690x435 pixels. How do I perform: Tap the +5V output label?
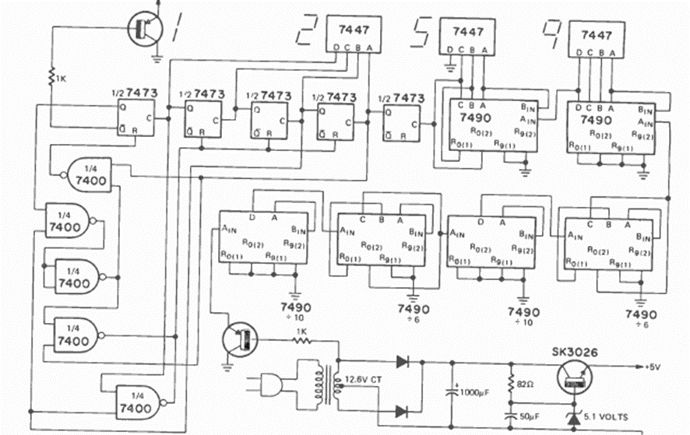(x=651, y=366)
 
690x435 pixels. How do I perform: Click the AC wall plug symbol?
(x=270, y=384)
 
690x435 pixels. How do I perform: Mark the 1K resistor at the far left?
(x=52, y=78)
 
